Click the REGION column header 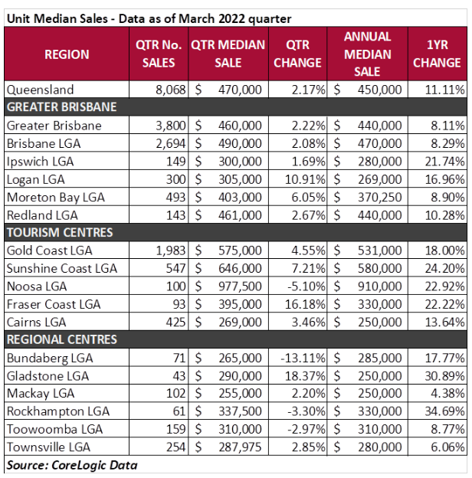point(67,54)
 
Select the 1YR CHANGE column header point(437,54)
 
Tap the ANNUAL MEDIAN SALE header point(368,54)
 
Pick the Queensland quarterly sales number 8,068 point(166,90)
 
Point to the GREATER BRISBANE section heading point(61,106)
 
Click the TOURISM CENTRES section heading point(59,233)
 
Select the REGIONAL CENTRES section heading point(61,339)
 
